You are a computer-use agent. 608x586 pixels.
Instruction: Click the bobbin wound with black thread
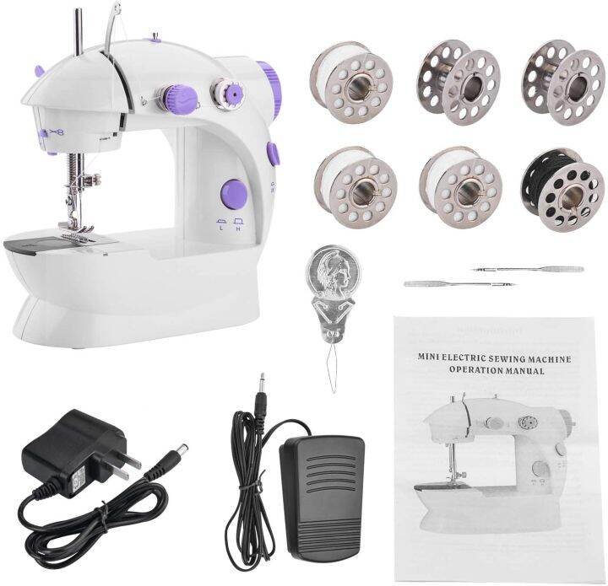point(562,191)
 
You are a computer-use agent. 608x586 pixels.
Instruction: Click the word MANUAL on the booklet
point(515,369)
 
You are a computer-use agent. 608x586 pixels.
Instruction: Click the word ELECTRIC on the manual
point(462,358)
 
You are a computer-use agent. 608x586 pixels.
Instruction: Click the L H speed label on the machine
point(227,224)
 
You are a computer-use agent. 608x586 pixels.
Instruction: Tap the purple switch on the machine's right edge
point(272,154)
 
